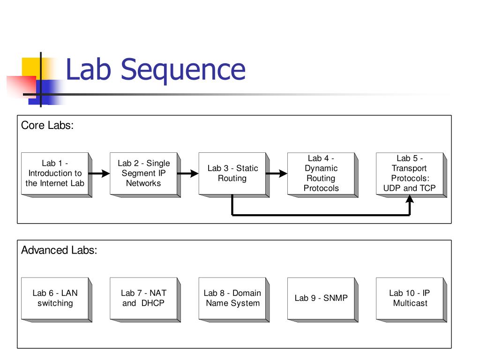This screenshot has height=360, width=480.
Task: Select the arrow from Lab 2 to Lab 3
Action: tap(188, 173)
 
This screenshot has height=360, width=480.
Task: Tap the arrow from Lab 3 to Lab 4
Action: tap(277, 173)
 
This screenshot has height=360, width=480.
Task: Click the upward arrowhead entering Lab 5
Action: tap(410, 199)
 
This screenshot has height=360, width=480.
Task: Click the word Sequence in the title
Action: tap(183, 70)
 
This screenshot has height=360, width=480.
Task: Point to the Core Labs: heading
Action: tap(47, 125)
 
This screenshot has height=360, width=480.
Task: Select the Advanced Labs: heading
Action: tap(59, 250)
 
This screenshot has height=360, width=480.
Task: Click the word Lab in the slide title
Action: tap(88, 69)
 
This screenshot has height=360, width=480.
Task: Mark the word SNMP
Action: tap(336, 298)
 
